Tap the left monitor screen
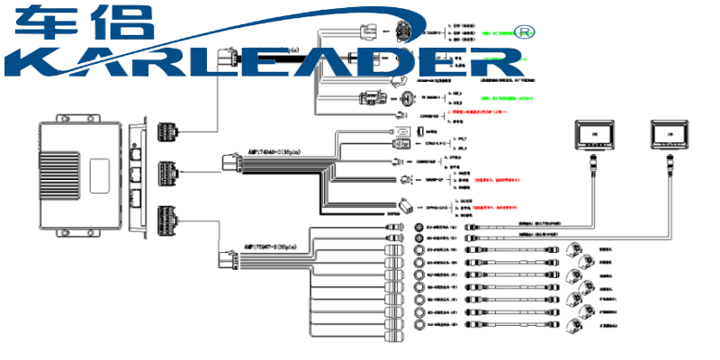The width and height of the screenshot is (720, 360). click(x=593, y=135)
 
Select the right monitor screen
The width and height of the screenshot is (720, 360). click(x=669, y=135)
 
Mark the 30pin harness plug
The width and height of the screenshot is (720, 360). click(x=227, y=260)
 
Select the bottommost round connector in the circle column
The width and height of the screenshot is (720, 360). click(x=418, y=324)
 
